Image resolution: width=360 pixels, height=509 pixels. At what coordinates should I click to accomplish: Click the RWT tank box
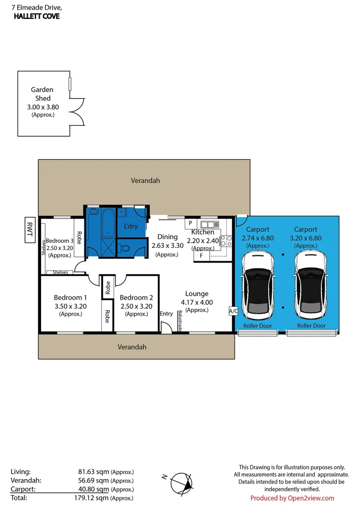[x=30, y=230]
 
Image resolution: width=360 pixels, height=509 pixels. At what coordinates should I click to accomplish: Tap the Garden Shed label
[x=42, y=94]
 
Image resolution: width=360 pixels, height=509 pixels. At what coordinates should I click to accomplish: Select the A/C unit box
[x=233, y=311]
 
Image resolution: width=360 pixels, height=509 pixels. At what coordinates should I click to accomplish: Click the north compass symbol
[x=180, y=484]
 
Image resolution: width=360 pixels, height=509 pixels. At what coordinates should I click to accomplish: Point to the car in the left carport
[x=257, y=286]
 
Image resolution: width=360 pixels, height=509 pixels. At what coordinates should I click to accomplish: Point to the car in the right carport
[x=311, y=286]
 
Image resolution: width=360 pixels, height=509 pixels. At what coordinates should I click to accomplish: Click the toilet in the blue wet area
[x=125, y=249]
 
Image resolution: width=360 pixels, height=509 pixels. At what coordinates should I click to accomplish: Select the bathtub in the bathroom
[x=107, y=223]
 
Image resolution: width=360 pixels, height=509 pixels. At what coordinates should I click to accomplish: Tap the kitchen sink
[x=210, y=224]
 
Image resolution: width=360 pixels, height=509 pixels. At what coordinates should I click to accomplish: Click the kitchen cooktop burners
[x=226, y=241]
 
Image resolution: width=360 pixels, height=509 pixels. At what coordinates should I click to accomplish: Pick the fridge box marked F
[x=202, y=256]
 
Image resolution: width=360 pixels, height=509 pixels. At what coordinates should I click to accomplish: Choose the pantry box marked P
[x=190, y=223]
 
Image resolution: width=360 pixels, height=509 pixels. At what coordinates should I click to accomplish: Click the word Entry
[x=166, y=313]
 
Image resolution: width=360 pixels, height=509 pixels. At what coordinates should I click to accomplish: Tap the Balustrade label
[x=180, y=321]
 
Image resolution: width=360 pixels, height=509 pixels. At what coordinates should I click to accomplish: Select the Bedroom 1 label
[x=70, y=297]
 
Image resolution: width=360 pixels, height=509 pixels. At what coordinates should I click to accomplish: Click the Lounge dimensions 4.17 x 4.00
[x=196, y=303]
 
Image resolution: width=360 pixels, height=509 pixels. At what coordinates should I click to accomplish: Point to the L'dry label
[x=131, y=226]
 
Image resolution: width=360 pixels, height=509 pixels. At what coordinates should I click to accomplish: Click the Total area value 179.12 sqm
[x=91, y=498]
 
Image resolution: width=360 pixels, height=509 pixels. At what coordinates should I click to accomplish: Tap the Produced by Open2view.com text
[x=292, y=498]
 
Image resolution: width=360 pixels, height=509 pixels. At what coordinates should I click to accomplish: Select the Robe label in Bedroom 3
[x=79, y=238]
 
